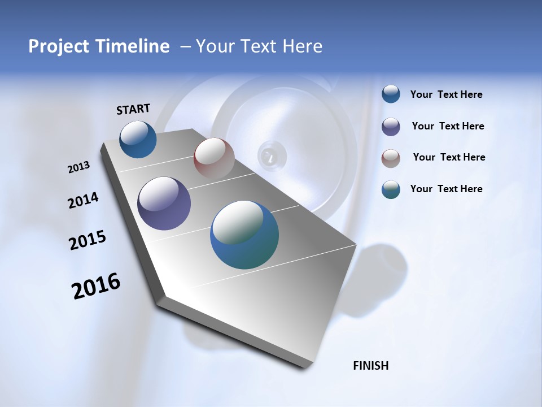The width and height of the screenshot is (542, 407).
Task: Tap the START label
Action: pyautogui.click(x=133, y=109)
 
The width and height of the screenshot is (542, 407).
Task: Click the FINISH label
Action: pyautogui.click(x=371, y=366)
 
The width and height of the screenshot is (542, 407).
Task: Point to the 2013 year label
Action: pyautogui.click(x=78, y=167)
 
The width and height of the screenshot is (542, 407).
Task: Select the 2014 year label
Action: pyautogui.click(x=83, y=201)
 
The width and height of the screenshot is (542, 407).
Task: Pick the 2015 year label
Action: pyautogui.click(x=88, y=240)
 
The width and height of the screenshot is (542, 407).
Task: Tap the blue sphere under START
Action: pyautogui.click(x=138, y=139)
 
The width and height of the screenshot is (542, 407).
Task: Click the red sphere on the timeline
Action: pyautogui.click(x=214, y=158)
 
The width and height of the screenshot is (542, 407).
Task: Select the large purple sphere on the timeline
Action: pyautogui.click(x=164, y=203)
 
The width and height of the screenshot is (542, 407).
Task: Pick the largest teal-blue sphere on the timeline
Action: pyautogui.click(x=244, y=235)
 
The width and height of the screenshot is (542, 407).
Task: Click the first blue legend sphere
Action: pyautogui.click(x=391, y=94)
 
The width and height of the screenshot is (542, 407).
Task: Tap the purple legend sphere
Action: pyautogui.click(x=391, y=127)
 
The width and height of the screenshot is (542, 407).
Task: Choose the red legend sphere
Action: pyautogui.click(x=391, y=158)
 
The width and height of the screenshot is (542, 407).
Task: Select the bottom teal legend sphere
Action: pyautogui.click(x=391, y=189)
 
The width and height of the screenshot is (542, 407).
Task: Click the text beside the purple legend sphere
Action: pyautogui.click(x=448, y=126)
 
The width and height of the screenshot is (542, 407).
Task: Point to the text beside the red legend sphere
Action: pyautogui.click(x=449, y=157)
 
